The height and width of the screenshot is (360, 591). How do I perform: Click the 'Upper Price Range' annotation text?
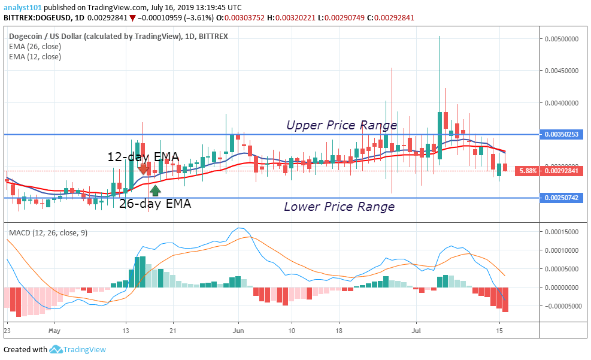coord(341,125)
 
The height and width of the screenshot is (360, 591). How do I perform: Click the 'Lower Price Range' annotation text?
coord(339,207)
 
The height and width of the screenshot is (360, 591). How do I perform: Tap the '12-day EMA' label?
coord(143,157)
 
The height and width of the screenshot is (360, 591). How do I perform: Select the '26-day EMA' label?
coord(155,204)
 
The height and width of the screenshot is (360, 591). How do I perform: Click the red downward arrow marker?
coord(143,170)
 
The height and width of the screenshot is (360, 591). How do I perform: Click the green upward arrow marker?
coord(155,190)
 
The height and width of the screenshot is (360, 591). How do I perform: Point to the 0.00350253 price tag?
coord(563,134)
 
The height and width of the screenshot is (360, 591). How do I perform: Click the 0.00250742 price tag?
coord(563,198)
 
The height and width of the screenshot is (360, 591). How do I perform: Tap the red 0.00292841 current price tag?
coord(563,171)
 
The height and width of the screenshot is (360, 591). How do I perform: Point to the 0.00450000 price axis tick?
coord(564,71)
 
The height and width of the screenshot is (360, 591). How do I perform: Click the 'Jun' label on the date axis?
coord(238,330)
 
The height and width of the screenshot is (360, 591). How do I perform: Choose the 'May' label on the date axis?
coord(54,330)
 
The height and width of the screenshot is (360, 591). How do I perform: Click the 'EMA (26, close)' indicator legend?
coord(35,46)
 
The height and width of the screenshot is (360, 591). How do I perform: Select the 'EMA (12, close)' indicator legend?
coord(35,57)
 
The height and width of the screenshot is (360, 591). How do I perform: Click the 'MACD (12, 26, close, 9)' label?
coord(48,232)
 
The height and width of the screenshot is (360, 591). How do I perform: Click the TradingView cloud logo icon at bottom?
coord(56,349)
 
